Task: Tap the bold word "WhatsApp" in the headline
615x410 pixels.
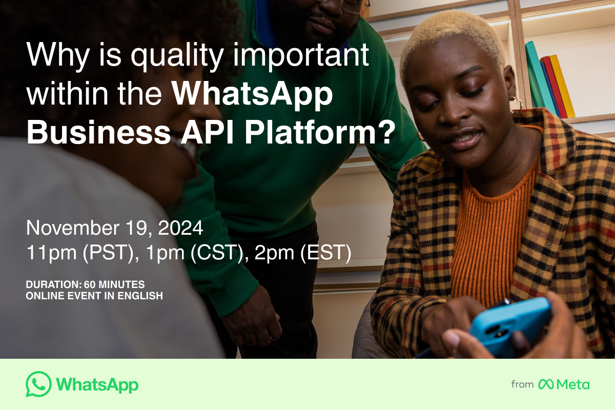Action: click(252, 94)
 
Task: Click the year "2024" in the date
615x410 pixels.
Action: click(180, 228)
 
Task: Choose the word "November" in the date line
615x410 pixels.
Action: click(73, 228)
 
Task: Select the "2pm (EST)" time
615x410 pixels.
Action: click(303, 252)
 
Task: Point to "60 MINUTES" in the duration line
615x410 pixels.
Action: click(114, 284)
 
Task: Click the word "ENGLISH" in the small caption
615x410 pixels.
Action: click(140, 296)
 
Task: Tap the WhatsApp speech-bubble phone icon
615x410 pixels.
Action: click(38, 384)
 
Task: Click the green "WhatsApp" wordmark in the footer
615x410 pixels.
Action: click(97, 385)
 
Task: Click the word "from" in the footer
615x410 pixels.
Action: click(522, 384)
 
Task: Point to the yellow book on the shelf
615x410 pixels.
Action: click(562, 86)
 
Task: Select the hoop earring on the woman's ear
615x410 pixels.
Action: click(516, 102)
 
